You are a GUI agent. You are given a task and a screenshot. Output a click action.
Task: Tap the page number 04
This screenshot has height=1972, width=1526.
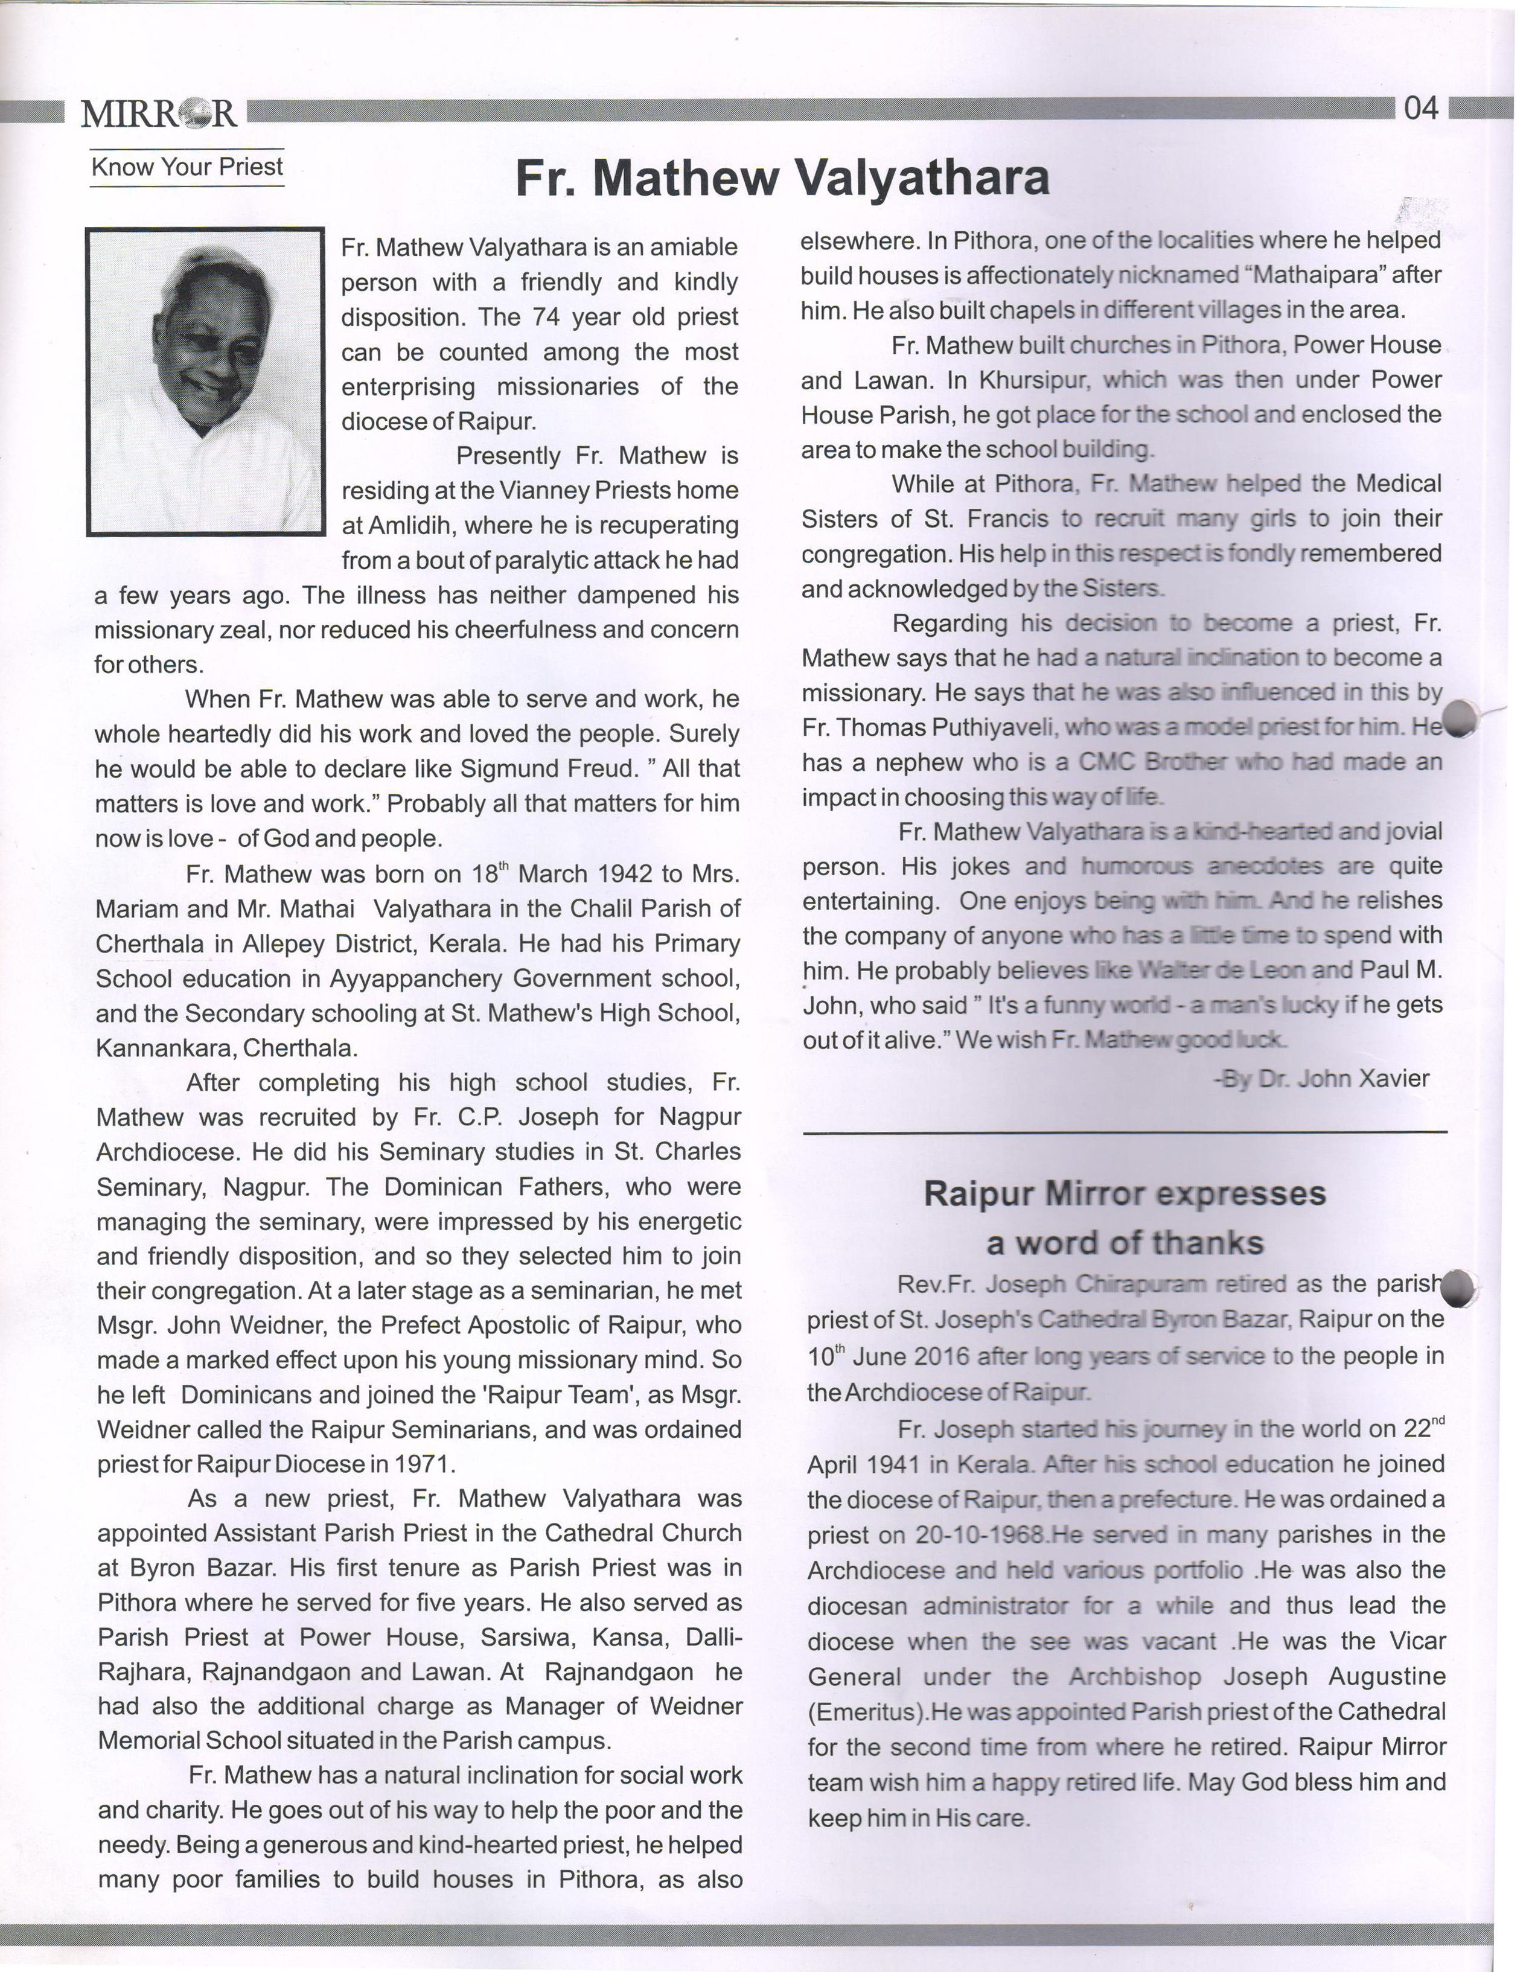point(1420,109)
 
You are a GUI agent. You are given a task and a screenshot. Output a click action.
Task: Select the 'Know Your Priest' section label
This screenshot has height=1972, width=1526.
point(187,167)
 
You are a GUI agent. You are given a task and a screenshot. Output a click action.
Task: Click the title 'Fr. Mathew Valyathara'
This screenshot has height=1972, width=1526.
point(782,178)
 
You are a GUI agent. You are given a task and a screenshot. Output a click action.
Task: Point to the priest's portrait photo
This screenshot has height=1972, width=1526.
point(205,381)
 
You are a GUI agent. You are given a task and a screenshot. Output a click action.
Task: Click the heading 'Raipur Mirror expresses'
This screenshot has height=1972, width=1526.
point(1124,1194)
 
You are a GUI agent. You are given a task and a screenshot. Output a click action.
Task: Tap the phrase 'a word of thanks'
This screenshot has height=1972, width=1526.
point(1124,1243)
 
